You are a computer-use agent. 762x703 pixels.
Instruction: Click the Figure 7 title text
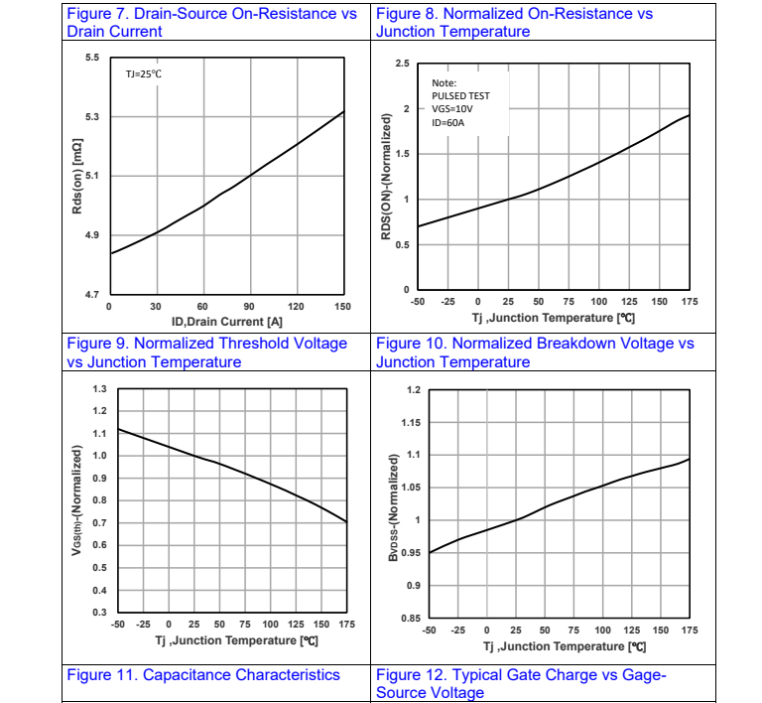210,23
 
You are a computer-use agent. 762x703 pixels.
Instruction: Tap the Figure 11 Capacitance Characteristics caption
203,675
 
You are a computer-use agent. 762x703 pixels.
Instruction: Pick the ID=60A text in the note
448,123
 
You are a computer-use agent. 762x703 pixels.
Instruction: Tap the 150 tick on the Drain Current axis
342,307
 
